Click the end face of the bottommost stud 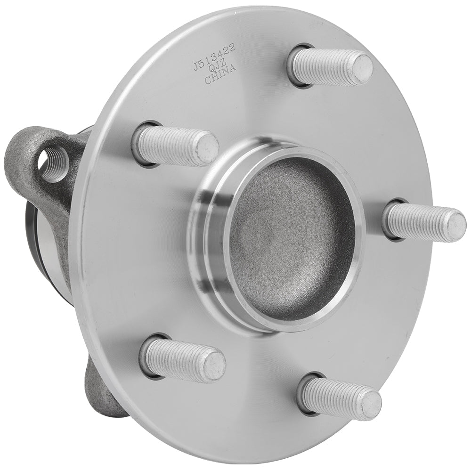pyautogui.click(x=370, y=404)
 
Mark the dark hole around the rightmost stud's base pyautogui.click(x=387, y=221)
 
